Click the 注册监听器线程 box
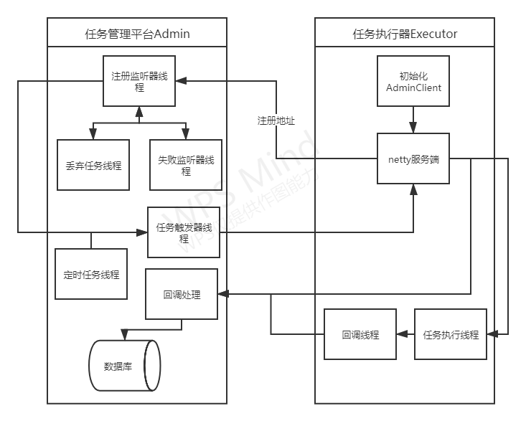coord(139,82)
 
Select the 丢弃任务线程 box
coord(93,165)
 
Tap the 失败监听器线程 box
coord(186,165)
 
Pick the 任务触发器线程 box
coord(184,232)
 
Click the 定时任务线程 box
coord(92,274)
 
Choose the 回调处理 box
coord(182,294)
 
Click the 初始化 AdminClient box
coord(414,82)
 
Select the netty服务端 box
coord(414,159)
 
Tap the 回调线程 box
coord(360,334)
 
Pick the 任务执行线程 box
coord(451,334)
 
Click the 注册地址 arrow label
coord(276,120)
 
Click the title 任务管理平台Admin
coord(137,34)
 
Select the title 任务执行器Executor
coord(405,34)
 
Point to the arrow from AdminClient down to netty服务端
coord(414,119)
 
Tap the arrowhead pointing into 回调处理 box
coord(222,294)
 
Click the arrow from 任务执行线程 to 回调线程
coord(405,334)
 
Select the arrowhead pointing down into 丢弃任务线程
coord(93,135)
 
